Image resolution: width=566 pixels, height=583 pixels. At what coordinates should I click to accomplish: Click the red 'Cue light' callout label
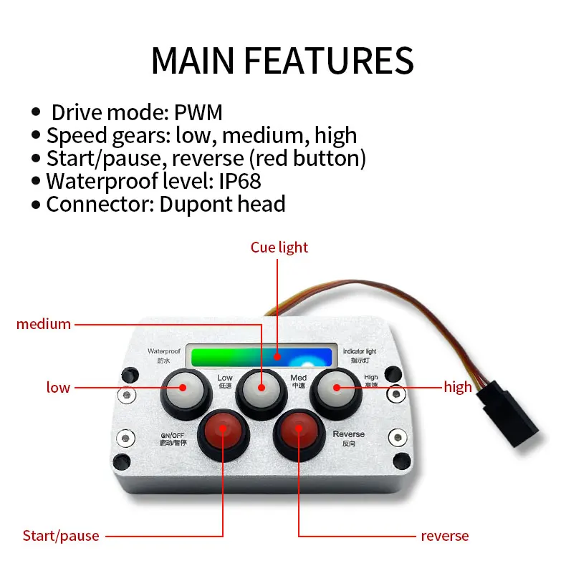[279, 248]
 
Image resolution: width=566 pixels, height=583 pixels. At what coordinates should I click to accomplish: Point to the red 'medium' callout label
[44, 324]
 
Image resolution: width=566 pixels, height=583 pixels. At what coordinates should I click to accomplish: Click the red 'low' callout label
[58, 388]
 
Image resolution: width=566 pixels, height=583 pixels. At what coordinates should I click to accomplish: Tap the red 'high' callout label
[458, 388]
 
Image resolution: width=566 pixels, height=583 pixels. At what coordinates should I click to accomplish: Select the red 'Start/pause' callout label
[61, 535]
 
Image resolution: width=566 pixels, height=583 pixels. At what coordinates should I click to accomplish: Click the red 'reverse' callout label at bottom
[444, 535]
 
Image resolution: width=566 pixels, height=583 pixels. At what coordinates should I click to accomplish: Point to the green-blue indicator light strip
[259, 356]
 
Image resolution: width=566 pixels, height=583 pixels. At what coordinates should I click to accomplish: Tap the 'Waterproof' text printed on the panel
[163, 351]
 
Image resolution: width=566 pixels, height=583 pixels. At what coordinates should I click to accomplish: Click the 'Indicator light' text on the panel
[359, 351]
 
